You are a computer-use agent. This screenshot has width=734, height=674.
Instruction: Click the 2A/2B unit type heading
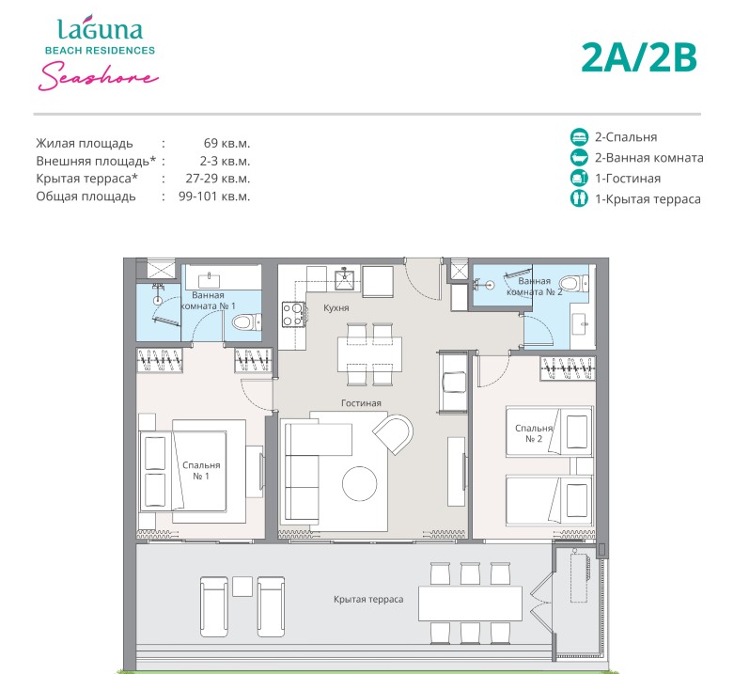639,58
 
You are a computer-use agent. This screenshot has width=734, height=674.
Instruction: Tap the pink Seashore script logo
99,77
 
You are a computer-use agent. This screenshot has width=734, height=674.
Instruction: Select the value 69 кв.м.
227,143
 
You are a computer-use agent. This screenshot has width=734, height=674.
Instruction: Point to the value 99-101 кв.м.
214,196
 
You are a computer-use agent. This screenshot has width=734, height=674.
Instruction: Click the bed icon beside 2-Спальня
579,136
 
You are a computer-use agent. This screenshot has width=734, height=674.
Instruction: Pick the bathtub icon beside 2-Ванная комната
579,157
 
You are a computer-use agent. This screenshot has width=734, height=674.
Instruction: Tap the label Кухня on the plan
336,308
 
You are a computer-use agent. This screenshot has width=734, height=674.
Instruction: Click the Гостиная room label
361,403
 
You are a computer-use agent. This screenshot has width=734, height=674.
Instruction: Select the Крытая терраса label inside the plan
368,599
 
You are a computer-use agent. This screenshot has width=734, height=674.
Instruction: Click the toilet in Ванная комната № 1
246,322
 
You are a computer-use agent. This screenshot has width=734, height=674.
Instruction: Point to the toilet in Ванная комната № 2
574,284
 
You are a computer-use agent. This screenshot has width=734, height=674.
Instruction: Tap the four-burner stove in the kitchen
293,314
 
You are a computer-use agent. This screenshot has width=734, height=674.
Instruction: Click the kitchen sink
344,279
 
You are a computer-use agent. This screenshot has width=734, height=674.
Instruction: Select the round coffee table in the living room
360,484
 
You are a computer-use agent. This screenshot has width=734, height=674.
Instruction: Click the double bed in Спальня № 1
193,471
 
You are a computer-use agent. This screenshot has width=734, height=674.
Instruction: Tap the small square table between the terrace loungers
242,587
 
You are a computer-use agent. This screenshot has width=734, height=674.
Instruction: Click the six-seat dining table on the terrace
470,603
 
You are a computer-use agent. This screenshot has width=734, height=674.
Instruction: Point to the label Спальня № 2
534,433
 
